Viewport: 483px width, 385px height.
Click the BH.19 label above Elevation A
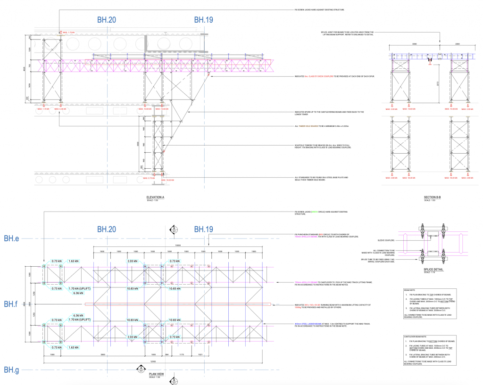[204, 20]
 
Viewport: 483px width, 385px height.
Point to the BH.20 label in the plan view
[107, 229]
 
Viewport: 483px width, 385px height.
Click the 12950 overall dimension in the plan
[153, 360]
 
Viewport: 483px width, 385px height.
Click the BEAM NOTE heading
[409, 291]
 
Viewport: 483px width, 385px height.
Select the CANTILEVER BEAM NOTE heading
[416, 337]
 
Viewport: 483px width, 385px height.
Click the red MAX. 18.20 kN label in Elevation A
[166, 180]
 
